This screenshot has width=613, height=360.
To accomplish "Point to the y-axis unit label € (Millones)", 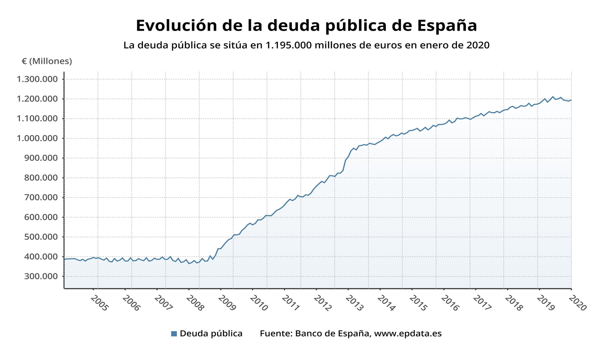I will (x=47, y=61).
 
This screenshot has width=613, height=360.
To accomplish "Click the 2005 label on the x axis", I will (x=100, y=304).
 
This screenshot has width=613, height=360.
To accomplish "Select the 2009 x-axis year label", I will (x=227, y=304).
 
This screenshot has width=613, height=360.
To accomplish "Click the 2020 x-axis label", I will (x=577, y=304).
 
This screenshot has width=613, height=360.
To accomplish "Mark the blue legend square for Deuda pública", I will (x=174, y=334).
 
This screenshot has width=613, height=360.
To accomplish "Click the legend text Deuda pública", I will (x=211, y=334).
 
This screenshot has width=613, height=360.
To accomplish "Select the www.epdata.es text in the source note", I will (x=408, y=334).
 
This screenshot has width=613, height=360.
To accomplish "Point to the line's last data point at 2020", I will (x=571, y=100).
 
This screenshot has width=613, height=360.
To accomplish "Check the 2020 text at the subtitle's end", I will (x=478, y=45).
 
